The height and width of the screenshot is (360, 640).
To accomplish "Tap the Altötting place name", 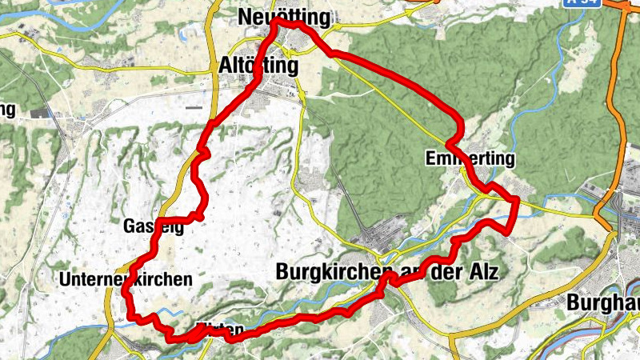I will click(x=258, y=66).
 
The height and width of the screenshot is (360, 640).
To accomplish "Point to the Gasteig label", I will click(x=154, y=226).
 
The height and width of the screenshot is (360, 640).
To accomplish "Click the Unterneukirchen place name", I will click(x=126, y=279).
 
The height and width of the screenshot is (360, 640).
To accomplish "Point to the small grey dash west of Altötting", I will click(x=193, y=106).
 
